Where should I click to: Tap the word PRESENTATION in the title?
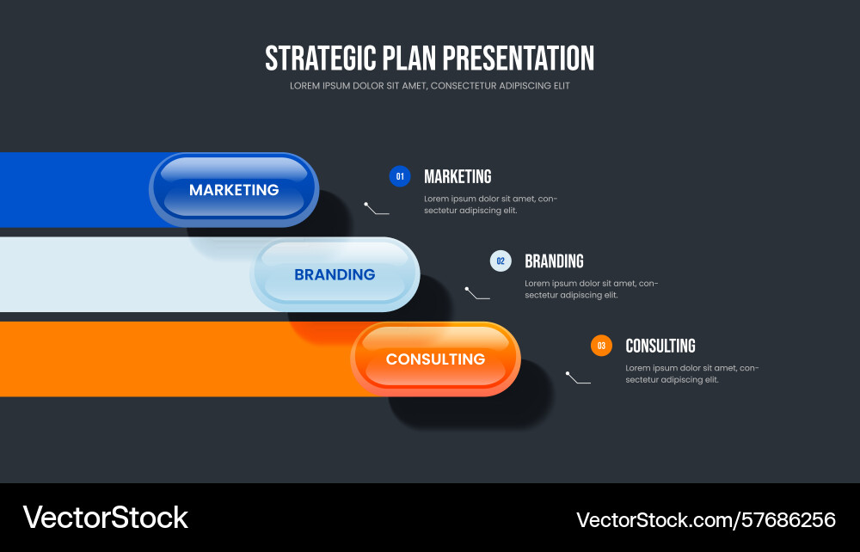(x=519, y=58)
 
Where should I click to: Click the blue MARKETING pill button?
(x=234, y=190)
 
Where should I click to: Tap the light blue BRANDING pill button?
(x=335, y=274)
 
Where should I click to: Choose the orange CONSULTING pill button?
(x=435, y=359)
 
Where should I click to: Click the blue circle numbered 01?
(x=400, y=176)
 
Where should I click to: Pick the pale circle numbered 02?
(x=501, y=261)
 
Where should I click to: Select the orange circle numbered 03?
(x=601, y=346)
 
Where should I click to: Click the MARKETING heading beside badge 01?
(x=458, y=176)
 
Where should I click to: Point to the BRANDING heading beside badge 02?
(x=554, y=261)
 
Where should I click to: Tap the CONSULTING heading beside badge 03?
(x=660, y=346)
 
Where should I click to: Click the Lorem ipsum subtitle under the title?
(x=430, y=85)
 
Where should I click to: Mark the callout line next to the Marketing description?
(x=375, y=211)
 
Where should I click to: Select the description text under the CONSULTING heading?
(x=692, y=374)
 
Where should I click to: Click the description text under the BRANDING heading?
(x=592, y=289)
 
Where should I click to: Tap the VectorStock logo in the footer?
(x=105, y=518)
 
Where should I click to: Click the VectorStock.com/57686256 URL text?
(x=706, y=519)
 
